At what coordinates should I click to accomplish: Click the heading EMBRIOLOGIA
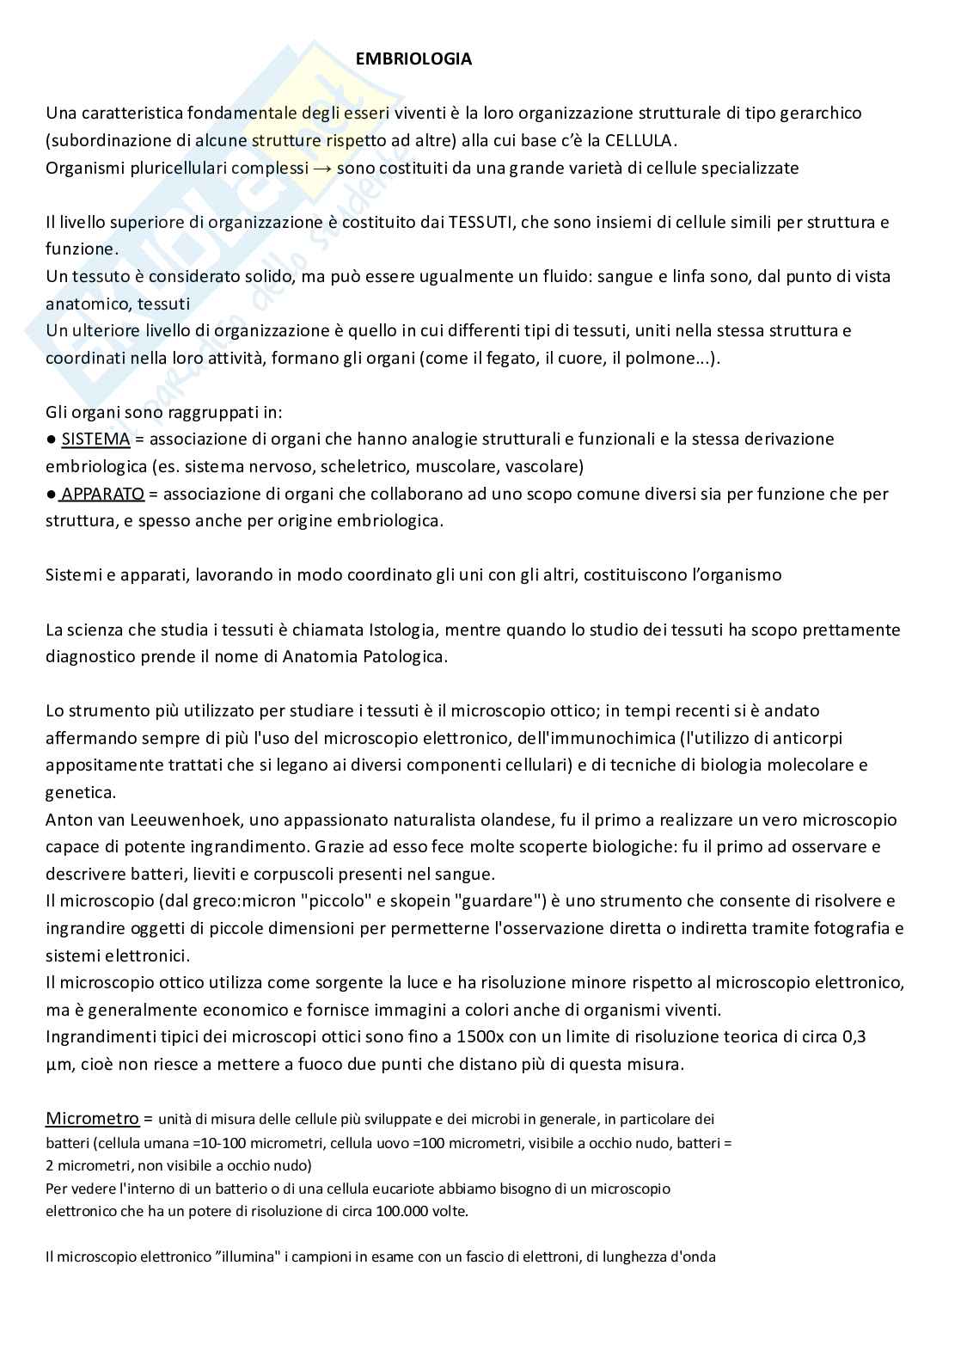(414, 59)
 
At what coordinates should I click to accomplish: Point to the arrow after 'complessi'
(321, 168)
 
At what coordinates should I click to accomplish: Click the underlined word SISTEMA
(95, 439)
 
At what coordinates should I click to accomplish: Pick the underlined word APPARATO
(103, 494)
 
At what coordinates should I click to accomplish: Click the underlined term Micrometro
(92, 1119)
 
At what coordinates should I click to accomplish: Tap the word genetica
(81, 792)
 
